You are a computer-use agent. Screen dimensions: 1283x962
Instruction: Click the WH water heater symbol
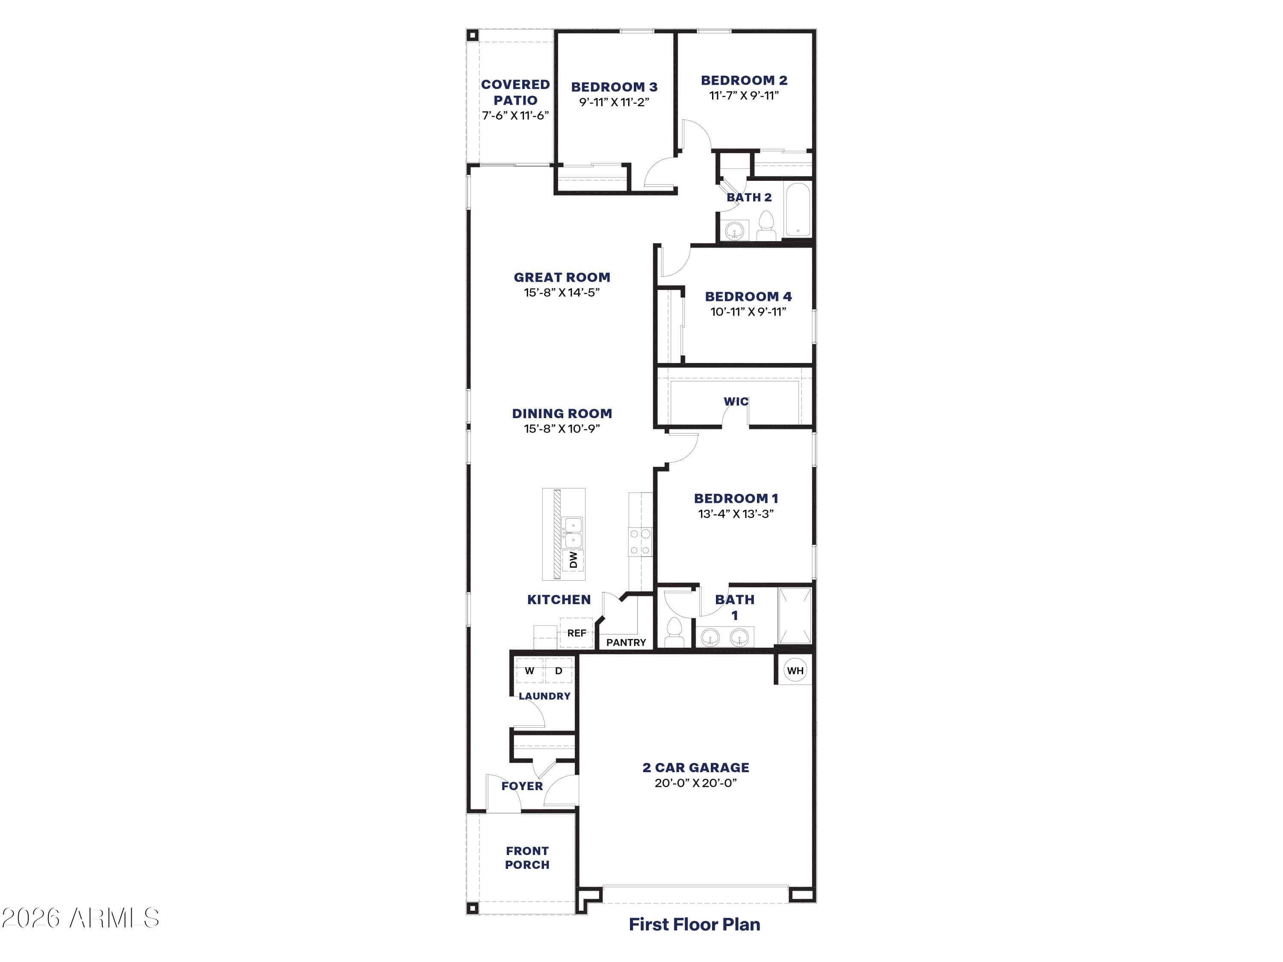[795, 670]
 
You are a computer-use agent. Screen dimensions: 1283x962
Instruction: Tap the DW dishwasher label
[573, 560]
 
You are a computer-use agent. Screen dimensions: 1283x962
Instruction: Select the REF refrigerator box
[576, 633]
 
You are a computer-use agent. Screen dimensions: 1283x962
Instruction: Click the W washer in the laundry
[529, 671]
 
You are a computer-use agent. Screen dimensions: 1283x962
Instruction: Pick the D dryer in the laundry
[559, 671]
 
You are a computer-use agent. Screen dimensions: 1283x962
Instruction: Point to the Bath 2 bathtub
[798, 210]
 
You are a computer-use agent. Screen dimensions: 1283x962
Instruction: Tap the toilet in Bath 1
[674, 632]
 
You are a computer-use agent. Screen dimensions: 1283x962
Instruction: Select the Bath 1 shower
[795, 616]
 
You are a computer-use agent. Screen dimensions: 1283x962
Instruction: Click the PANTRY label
[626, 643]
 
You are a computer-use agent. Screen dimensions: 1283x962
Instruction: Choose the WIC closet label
[736, 401]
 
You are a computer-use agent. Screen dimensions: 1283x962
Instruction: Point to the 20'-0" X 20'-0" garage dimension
[695, 783]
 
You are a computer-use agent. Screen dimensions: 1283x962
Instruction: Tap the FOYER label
[522, 786]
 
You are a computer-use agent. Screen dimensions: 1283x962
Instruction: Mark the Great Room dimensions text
[562, 292]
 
